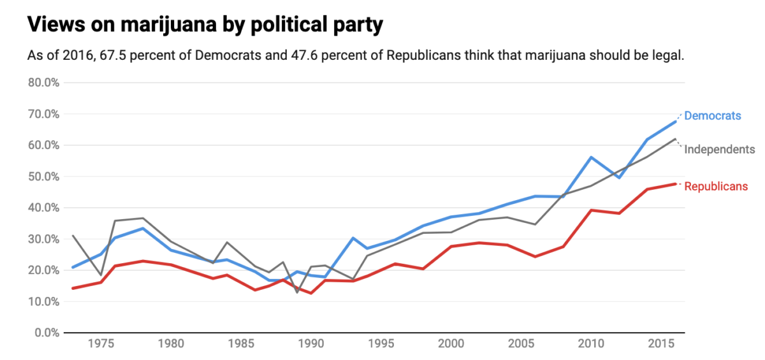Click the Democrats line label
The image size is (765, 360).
point(712,116)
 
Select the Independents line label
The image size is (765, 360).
point(719,150)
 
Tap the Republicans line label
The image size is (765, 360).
point(715,187)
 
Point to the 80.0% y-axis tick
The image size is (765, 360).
point(43,83)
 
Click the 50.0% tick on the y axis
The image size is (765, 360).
point(43,176)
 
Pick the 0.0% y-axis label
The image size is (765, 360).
point(46,333)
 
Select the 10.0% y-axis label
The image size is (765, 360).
point(43,301)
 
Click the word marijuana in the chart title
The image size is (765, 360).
point(159,25)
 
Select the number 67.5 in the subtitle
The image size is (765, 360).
point(100,55)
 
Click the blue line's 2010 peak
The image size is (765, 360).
point(592,157)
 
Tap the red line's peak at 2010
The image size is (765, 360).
point(592,210)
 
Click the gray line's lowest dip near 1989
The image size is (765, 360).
point(297,292)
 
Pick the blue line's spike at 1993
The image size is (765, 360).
point(353,238)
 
